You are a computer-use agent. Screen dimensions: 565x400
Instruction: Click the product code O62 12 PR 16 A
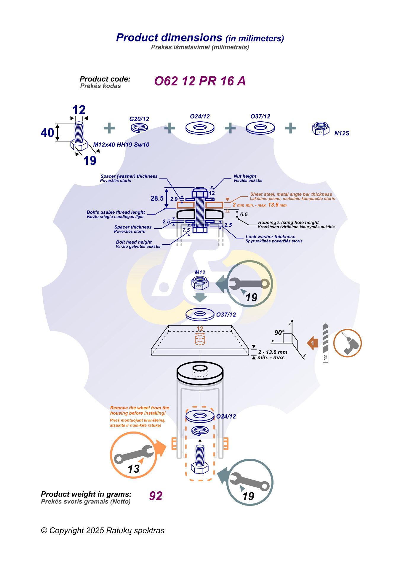pos(200,81)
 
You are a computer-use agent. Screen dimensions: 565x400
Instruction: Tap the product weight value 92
pos(156,496)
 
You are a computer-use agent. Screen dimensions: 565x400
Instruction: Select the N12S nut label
pos(342,133)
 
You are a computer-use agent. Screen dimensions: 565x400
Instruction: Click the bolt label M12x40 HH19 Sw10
pos(121,145)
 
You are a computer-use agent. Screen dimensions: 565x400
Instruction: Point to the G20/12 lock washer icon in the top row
pos(139,128)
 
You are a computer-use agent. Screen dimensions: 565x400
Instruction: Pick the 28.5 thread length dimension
pos(157,198)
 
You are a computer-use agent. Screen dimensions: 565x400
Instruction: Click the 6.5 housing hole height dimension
pos(244,215)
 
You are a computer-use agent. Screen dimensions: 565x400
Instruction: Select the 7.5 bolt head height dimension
pos(186,230)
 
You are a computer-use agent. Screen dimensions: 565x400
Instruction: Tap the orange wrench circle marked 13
pos(133,455)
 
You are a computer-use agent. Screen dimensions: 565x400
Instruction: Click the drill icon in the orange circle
pos(347,343)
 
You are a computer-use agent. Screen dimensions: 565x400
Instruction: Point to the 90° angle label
pos(279,332)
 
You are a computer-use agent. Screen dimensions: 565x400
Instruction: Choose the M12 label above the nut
pos(200,273)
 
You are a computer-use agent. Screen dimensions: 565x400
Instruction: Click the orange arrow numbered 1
pos(313,343)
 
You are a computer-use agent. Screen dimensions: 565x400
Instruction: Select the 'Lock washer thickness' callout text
pos(271,237)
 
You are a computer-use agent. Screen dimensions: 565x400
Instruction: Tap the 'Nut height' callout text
pos(245,176)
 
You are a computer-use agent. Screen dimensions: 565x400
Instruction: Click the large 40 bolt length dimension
pos(47,133)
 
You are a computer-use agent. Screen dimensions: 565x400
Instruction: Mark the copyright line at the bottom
pos(103,530)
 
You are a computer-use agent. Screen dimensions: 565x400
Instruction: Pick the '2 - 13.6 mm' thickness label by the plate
pos(273,352)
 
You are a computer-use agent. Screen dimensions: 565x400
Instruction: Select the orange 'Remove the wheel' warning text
pos(139,411)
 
